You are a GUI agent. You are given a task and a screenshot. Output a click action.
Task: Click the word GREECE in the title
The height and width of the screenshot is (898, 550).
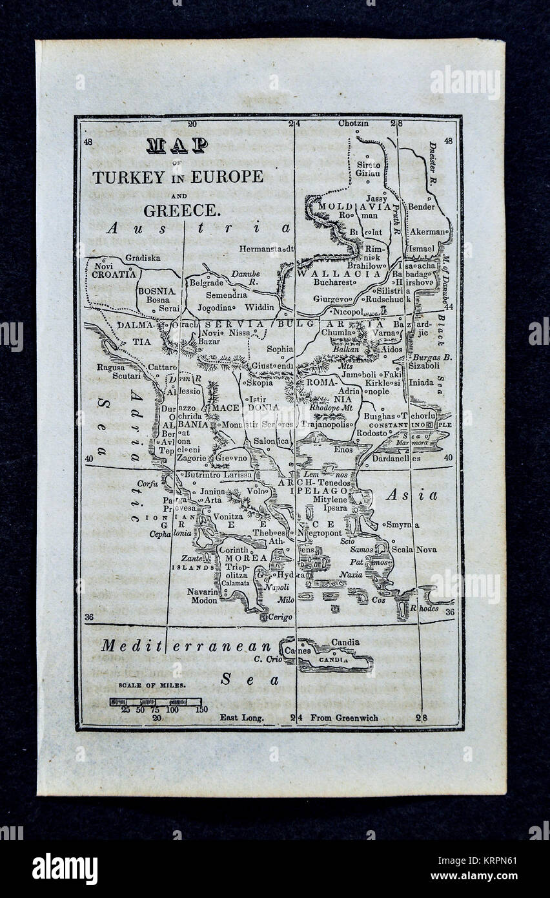pos(181,210)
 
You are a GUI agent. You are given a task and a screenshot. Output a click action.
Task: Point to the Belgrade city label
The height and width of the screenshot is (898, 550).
pos(205,282)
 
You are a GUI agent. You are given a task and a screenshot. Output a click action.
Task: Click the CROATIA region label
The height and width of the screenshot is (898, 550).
pos(113,273)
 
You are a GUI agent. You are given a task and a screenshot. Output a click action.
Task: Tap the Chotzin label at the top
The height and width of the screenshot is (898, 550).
pos(353,123)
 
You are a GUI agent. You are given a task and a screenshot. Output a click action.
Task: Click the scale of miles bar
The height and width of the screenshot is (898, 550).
pos(155,702)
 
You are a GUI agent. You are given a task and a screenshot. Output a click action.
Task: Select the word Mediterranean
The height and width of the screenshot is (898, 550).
pos(186,646)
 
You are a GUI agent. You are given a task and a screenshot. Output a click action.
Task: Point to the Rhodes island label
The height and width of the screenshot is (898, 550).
pos(424,608)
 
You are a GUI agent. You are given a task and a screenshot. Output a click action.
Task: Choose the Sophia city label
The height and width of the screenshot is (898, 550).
pos(280,349)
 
